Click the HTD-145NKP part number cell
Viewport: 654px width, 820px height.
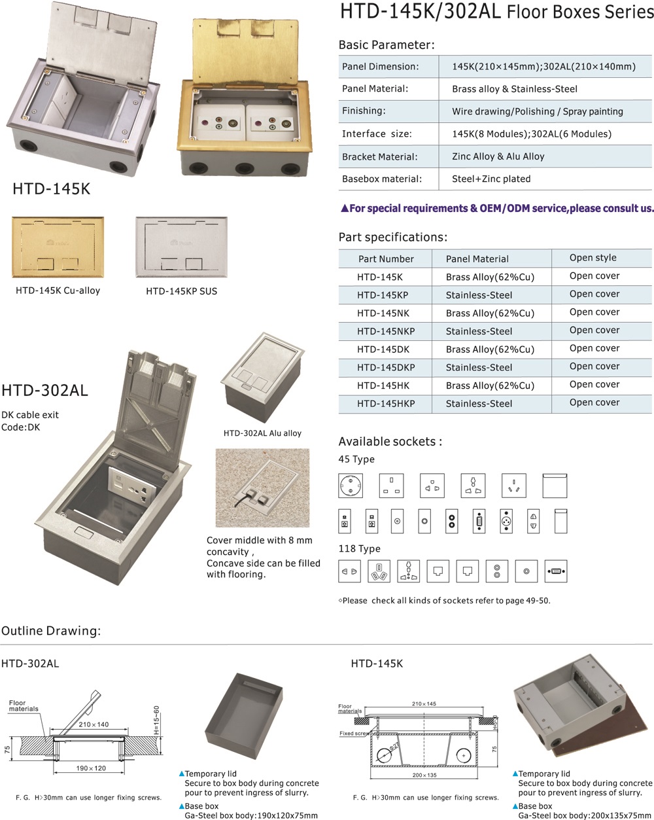385,331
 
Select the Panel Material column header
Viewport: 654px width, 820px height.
477,258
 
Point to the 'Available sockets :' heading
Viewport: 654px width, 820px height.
390,442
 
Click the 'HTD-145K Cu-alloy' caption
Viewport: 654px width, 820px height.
58,290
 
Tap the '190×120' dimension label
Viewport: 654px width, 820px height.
91,768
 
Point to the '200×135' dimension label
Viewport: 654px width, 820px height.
424,775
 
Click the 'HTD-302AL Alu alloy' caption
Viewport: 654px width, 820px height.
262,433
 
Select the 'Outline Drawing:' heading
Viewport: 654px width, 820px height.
51,631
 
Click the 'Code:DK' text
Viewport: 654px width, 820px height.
20,427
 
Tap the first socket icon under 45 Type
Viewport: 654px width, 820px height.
351,486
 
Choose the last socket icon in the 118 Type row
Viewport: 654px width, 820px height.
555,571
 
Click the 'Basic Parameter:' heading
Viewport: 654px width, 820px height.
386,45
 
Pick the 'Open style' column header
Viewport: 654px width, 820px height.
593,258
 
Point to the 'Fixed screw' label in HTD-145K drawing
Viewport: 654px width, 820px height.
354,734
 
